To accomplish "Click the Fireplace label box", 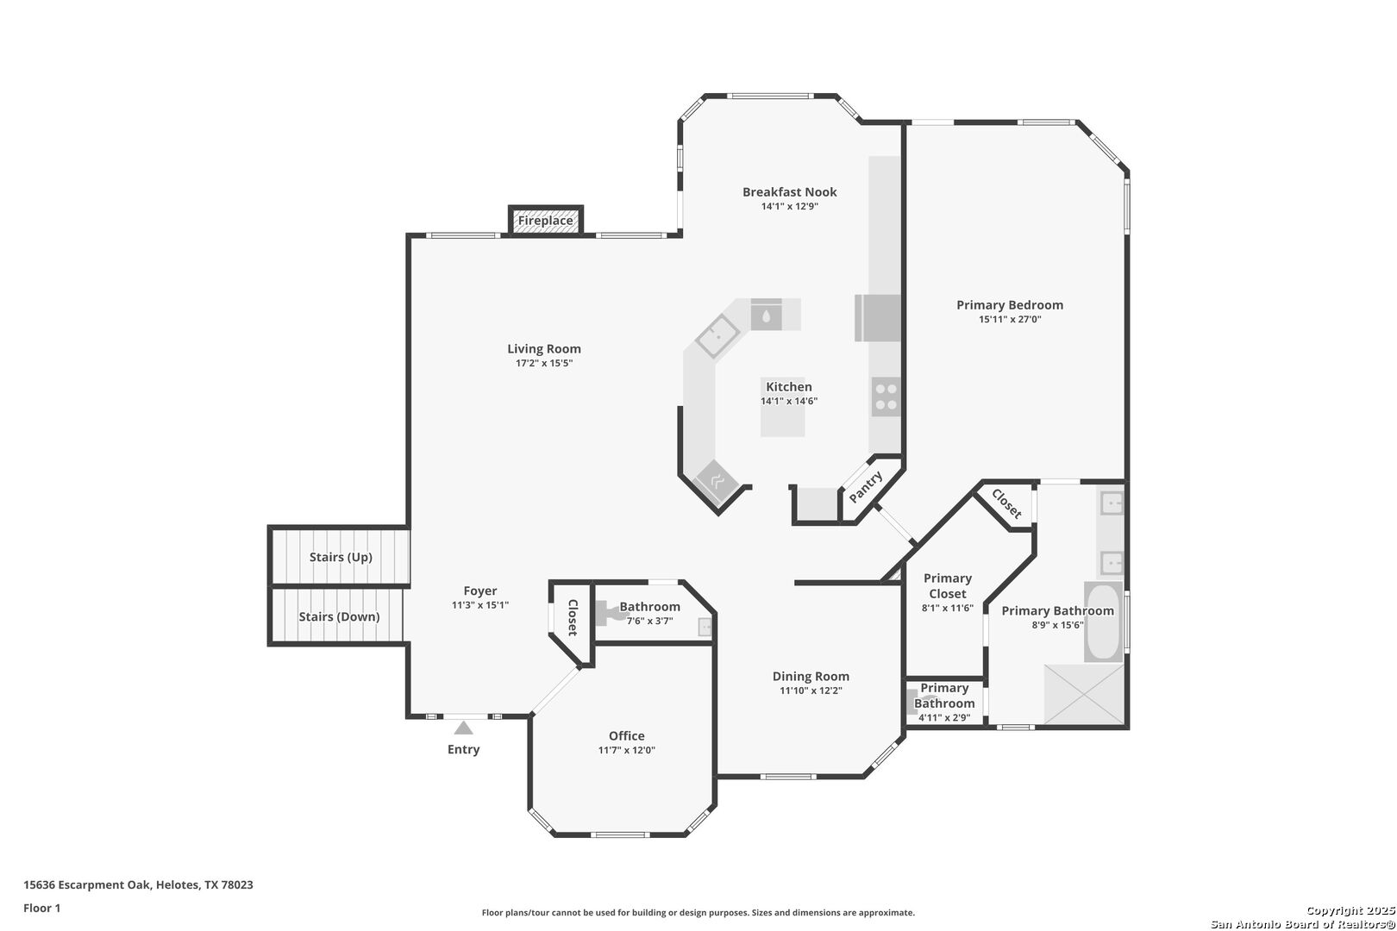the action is click(546, 221).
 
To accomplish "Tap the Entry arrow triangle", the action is click(463, 728).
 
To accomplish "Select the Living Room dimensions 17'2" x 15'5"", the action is click(544, 363).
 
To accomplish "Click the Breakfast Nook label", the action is click(790, 192).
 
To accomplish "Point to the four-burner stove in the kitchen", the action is click(886, 397).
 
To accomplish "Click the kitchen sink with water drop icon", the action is click(767, 315).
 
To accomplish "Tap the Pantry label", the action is click(866, 487).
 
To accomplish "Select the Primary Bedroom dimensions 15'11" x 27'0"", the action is click(1010, 319).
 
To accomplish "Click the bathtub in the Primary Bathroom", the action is click(1103, 622).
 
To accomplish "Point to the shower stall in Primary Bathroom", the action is click(1084, 695).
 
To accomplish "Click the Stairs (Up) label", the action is click(341, 557).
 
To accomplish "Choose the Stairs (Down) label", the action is click(339, 616).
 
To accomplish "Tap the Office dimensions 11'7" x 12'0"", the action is click(627, 750).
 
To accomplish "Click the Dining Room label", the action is click(811, 676).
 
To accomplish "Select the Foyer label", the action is click(480, 590).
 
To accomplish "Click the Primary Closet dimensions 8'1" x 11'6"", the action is click(948, 608).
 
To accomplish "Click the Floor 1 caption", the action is click(41, 908).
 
